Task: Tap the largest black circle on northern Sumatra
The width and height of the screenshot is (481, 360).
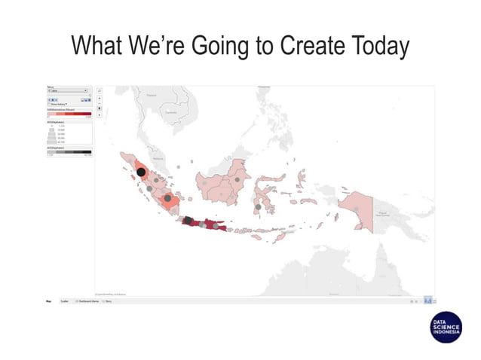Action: click(x=141, y=172)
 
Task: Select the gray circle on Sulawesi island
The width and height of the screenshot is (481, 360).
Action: click(x=258, y=206)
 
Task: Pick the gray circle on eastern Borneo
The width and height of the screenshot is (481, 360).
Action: click(x=237, y=181)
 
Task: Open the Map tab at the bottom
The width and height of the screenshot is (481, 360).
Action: click(x=49, y=301)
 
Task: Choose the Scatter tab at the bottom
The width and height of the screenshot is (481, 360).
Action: click(x=65, y=301)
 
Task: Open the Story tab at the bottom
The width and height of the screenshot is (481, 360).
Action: click(x=108, y=301)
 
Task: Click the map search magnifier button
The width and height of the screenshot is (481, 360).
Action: click(x=100, y=90)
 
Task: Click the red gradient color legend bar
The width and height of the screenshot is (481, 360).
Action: click(x=69, y=115)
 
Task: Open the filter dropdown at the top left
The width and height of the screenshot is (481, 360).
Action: click(x=69, y=90)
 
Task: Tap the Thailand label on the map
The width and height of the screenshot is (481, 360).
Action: click(x=151, y=96)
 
